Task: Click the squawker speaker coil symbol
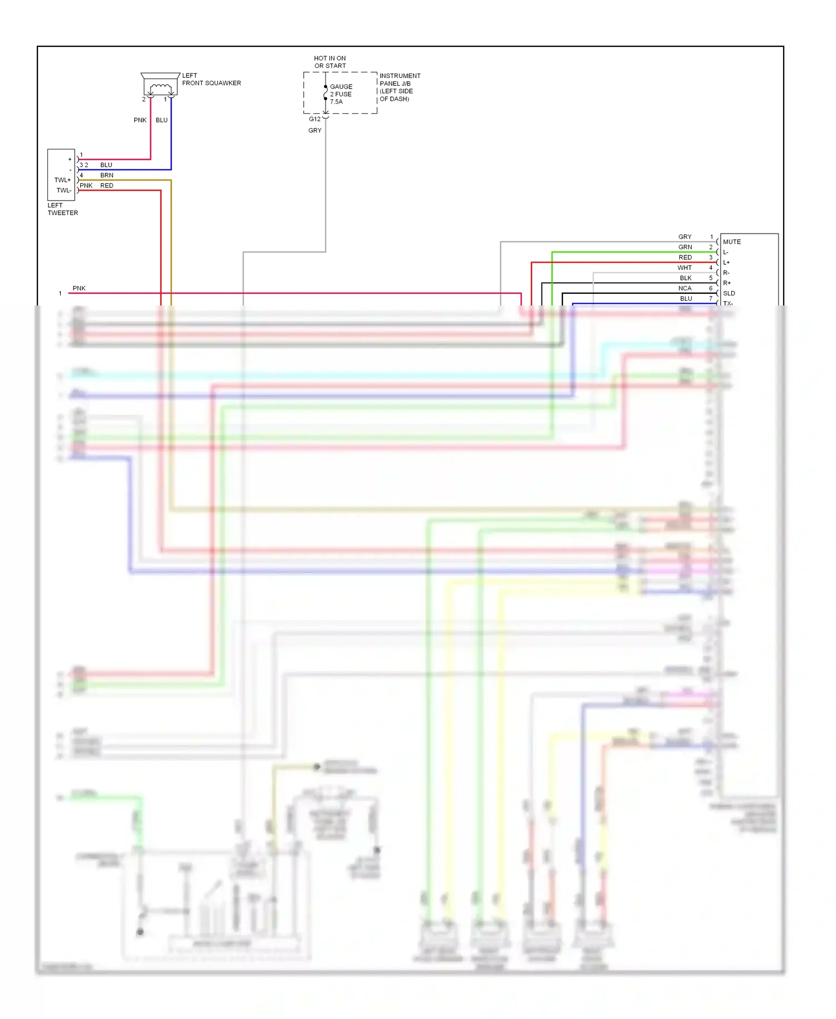coord(161,88)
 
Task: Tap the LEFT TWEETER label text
coord(62,209)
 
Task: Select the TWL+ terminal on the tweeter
coord(62,180)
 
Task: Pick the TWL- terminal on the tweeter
coord(64,190)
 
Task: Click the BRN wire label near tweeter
coord(106,175)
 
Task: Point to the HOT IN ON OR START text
coord(329,62)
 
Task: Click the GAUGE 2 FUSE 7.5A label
coord(341,94)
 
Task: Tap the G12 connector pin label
coord(314,119)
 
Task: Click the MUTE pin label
coord(731,242)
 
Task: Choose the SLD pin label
coord(728,293)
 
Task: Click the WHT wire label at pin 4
coord(684,268)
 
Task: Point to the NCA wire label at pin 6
coord(684,288)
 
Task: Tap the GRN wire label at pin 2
coord(685,247)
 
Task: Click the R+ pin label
coord(727,283)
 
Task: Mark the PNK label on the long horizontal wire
coord(79,288)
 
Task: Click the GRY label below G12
coord(314,130)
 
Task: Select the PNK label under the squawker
coord(140,120)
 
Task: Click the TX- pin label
coord(728,303)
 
